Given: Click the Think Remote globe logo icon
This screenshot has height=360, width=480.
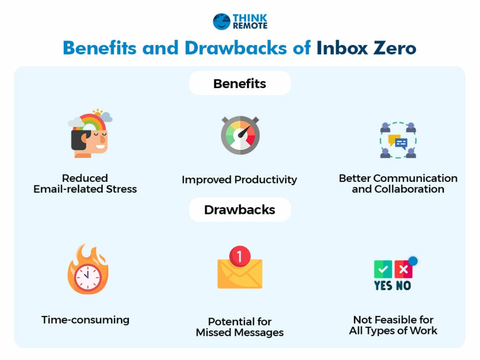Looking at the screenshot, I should [222, 21].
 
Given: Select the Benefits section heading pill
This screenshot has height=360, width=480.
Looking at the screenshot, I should [240, 83].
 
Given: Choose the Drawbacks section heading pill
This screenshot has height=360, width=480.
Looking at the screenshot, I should [240, 210].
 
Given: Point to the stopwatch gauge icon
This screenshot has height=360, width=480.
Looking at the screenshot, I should [240, 135].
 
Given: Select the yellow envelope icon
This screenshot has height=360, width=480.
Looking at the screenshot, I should [240, 273].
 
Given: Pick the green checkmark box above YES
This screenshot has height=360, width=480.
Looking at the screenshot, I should [383, 270].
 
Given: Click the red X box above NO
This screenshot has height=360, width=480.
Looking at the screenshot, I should [403, 270].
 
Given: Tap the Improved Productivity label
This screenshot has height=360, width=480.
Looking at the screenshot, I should [239, 179].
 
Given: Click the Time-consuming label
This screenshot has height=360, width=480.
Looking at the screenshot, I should [86, 319].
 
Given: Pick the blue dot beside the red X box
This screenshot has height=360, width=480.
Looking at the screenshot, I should [412, 261].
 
